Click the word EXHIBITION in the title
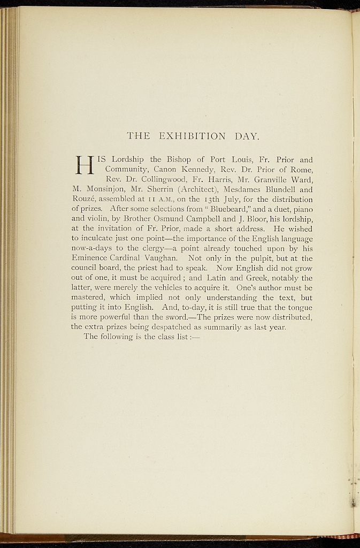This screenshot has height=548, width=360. [193, 136]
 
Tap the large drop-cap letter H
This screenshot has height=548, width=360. [84, 164]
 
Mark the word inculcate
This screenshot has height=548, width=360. [102, 239]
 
